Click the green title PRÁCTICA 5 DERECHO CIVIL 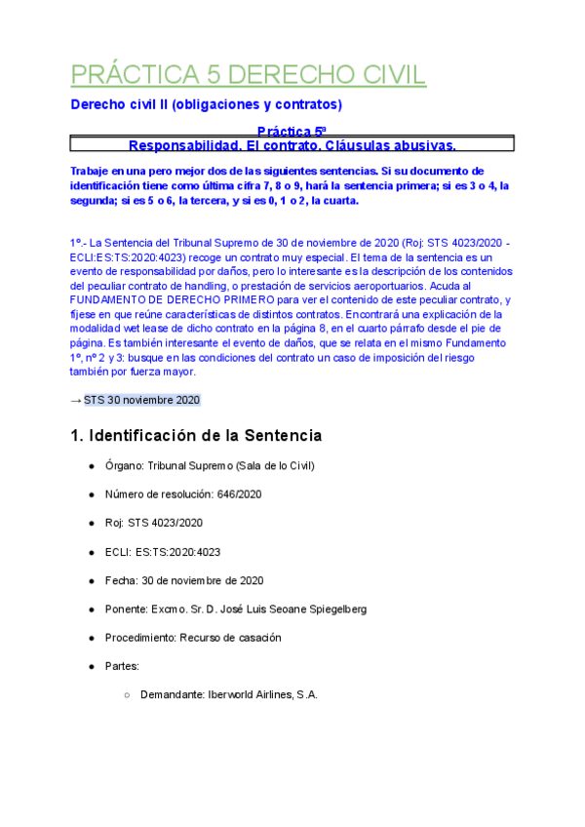pyautogui.click(x=249, y=76)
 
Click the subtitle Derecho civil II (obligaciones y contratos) pyautogui.click(x=206, y=104)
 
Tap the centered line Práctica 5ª pyautogui.click(x=292, y=131)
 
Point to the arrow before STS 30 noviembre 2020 pyautogui.click(x=76, y=401)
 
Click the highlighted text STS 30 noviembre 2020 pyautogui.click(x=141, y=401)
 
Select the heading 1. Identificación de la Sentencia pyautogui.click(x=196, y=435)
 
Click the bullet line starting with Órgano pyautogui.click(x=210, y=466)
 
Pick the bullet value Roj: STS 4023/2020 pyautogui.click(x=154, y=523)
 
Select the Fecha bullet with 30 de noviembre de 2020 pyautogui.click(x=184, y=580)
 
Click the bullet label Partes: pyautogui.click(x=122, y=666)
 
